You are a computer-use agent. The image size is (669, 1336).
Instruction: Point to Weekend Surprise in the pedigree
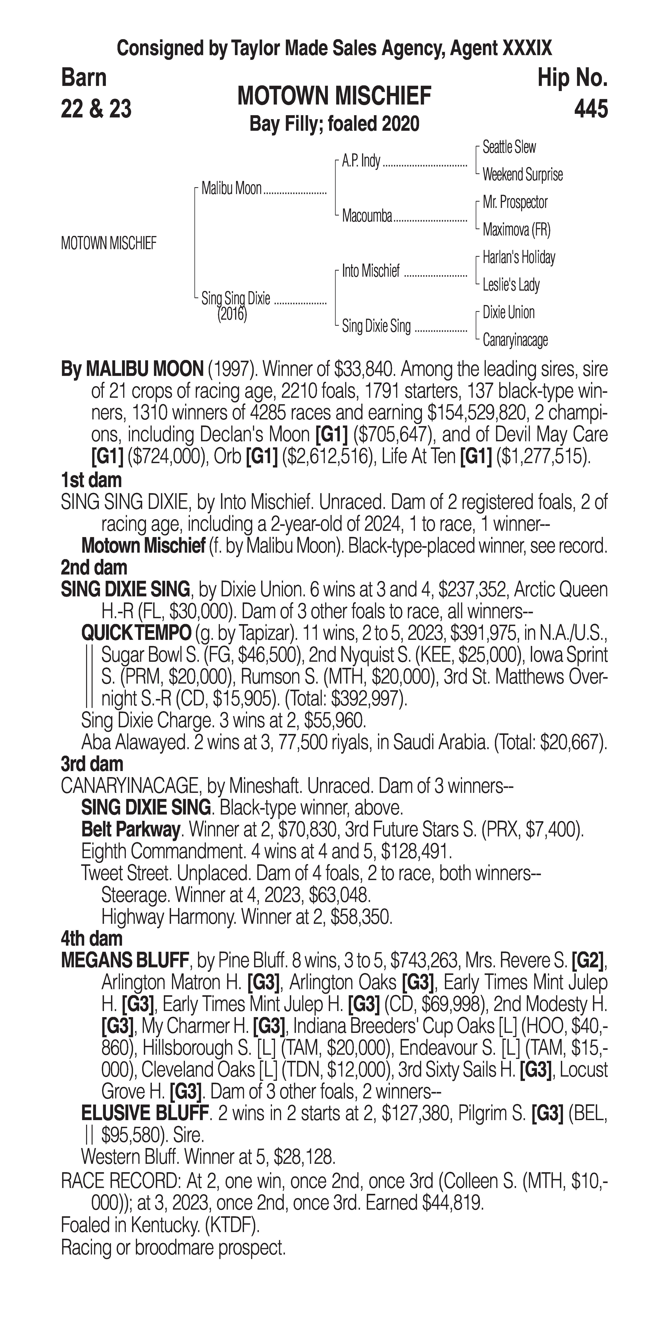pos(522,175)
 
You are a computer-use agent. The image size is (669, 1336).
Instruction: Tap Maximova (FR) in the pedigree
pos(516,230)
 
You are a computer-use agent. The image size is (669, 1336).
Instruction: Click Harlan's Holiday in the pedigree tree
pos(519,257)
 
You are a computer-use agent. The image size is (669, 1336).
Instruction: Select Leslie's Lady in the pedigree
pos(511,285)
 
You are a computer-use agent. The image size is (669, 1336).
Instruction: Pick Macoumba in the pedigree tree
pos(367,216)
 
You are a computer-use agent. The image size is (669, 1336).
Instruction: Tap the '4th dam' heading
pos(92,939)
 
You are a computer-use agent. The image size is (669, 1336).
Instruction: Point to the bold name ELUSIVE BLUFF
pos(145,1113)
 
